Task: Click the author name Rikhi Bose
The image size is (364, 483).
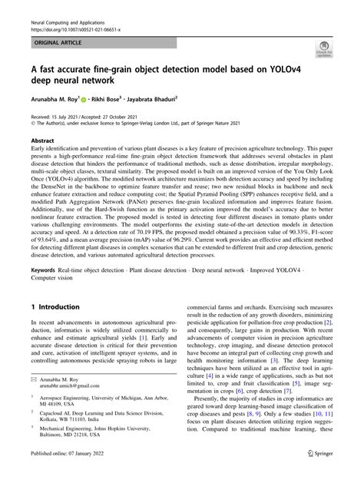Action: [110, 98]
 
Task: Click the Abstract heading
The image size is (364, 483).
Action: [42, 141]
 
